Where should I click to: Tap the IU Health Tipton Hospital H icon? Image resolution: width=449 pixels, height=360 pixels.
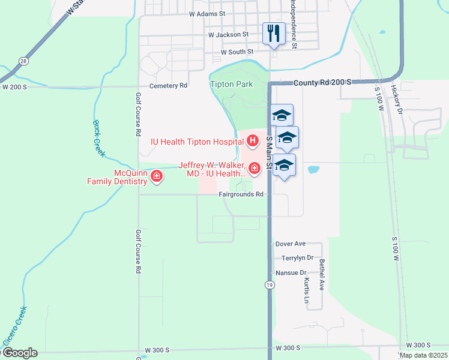pyautogui.click(x=253, y=142)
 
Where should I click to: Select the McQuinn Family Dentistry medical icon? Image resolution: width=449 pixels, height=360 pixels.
pyautogui.click(x=157, y=176)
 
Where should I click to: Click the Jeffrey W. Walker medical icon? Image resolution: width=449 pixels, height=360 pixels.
pyautogui.click(x=255, y=168)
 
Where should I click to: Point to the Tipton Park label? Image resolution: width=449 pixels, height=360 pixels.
pyautogui.click(x=232, y=85)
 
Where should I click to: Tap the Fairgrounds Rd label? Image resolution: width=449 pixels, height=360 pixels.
pyautogui.click(x=241, y=194)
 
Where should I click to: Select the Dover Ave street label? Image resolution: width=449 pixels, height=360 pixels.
pyautogui.click(x=291, y=244)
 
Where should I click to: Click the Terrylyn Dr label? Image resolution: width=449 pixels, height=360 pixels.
pyautogui.click(x=298, y=258)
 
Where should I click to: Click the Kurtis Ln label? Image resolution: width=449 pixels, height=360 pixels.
pyautogui.click(x=307, y=290)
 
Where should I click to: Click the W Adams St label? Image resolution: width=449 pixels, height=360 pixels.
pyautogui.click(x=206, y=13)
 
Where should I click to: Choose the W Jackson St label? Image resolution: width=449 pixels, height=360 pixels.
pyautogui.click(x=228, y=35)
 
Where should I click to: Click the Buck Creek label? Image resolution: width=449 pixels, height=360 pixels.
pyautogui.click(x=99, y=138)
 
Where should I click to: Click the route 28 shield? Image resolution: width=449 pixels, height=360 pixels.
pyautogui.click(x=23, y=61)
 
